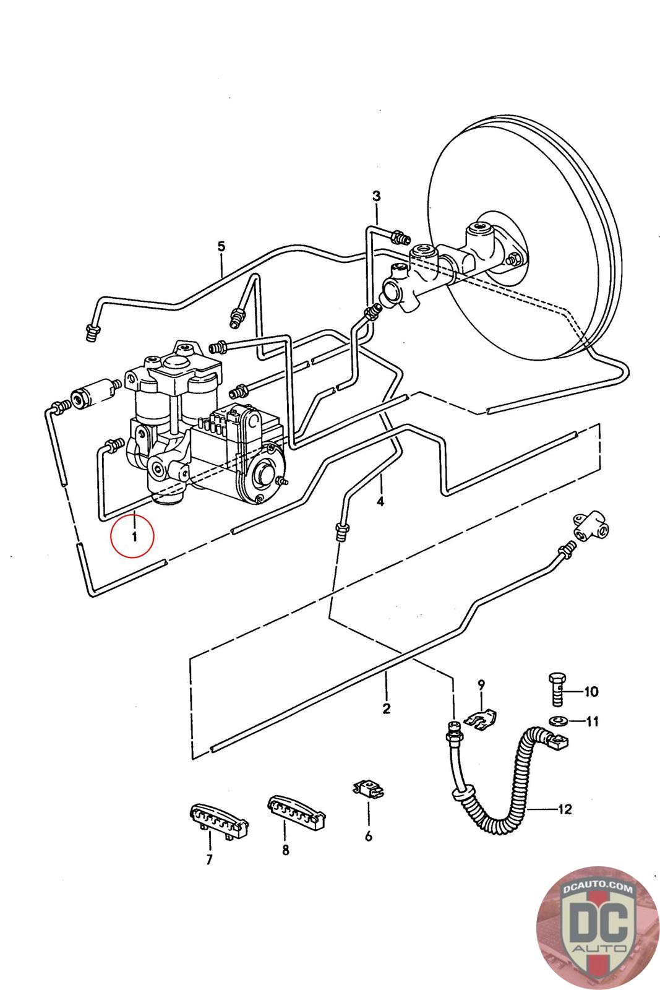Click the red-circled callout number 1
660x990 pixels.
(134, 536)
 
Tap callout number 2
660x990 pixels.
(386, 708)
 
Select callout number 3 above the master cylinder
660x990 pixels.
(376, 196)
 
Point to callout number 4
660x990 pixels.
(380, 502)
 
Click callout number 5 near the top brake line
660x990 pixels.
(221, 246)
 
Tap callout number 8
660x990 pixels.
(286, 850)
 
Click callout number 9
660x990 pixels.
(481, 684)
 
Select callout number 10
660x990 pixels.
(591, 691)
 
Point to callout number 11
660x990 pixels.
(592, 721)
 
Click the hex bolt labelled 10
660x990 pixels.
(557, 690)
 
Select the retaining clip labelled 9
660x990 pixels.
(480, 718)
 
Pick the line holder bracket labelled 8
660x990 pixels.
(296, 811)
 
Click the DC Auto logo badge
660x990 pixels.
(597, 927)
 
